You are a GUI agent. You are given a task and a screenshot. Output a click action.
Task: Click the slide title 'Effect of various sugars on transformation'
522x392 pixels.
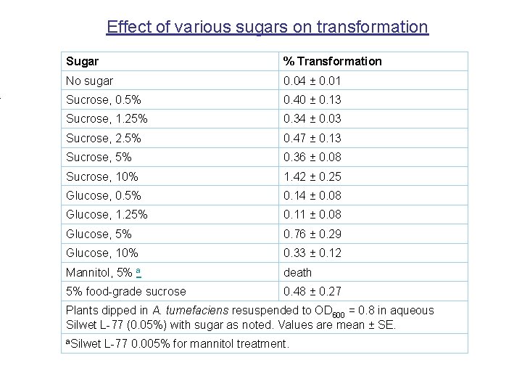(x=267, y=28)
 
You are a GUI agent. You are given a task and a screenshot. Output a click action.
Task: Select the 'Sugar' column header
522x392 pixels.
(x=82, y=62)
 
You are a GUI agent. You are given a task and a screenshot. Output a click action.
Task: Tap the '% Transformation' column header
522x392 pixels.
(x=332, y=62)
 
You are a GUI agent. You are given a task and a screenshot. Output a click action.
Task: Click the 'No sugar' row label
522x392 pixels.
(x=89, y=81)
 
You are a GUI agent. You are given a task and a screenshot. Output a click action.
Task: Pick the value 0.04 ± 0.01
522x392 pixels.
(x=312, y=81)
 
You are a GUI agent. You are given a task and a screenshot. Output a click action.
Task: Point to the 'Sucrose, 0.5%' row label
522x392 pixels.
(x=103, y=100)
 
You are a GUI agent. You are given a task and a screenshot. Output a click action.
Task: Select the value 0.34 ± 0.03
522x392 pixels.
(x=312, y=119)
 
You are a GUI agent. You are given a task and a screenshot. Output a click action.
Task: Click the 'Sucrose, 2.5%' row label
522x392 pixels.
(x=103, y=138)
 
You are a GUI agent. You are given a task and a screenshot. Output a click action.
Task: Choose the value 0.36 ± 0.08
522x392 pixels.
(x=312, y=158)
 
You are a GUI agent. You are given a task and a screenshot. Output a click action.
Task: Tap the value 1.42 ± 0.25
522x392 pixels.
(x=312, y=176)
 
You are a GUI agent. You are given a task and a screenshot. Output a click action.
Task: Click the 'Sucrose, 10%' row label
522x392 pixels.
(x=101, y=176)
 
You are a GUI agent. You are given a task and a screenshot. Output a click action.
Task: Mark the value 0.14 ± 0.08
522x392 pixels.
(x=312, y=195)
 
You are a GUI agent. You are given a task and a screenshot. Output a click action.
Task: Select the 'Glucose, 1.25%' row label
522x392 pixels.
(x=106, y=215)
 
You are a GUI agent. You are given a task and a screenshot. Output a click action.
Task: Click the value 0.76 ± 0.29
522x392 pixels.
(x=312, y=234)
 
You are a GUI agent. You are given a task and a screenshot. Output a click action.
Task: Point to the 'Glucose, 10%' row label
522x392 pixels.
(x=101, y=253)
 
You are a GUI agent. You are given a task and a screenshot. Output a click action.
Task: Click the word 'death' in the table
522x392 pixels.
(x=297, y=272)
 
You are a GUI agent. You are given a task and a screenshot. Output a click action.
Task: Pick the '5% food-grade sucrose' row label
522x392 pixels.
(x=125, y=292)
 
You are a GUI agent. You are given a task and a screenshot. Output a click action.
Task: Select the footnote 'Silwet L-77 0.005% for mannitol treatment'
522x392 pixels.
(x=178, y=343)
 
